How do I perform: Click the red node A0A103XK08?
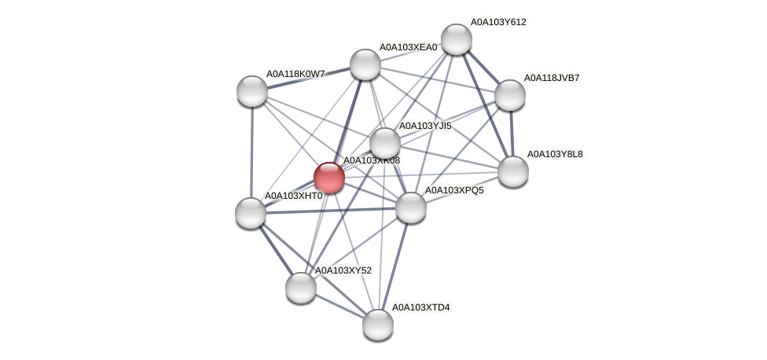click(x=329, y=177)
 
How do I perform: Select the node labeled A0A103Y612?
click(x=456, y=39)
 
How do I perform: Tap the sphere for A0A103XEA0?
click(x=365, y=64)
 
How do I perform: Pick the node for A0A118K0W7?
click(x=252, y=91)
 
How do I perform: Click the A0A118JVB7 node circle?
click(x=509, y=95)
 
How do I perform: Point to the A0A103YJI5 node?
click(x=385, y=143)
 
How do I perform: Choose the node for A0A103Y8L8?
click(x=513, y=171)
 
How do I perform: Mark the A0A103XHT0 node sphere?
click(x=251, y=212)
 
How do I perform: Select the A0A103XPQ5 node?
click(x=410, y=208)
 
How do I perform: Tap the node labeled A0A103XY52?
click(x=300, y=287)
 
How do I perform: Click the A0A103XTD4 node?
click(x=377, y=324)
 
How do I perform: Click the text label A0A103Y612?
click(x=498, y=22)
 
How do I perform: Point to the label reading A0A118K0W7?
click(x=295, y=74)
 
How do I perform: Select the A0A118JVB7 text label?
click(x=552, y=78)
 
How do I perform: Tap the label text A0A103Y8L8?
click(x=555, y=154)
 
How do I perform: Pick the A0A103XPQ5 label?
click(x=454, y=190)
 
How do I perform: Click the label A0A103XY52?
click(x=343, y=270)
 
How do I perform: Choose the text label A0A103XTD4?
click(x=420, y=307)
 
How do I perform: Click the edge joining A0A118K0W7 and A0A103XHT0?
click(x=251, y=152)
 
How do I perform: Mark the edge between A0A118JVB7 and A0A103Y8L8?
click(x=512, y=133)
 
